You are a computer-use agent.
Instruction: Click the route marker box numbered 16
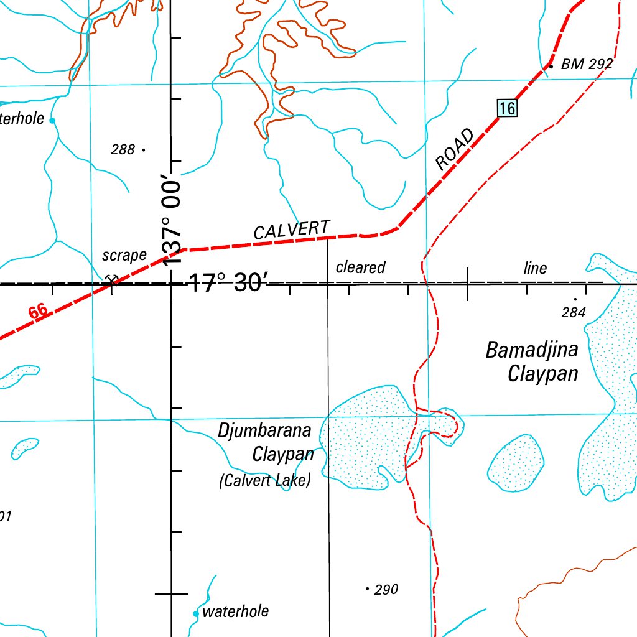(x=507, y=108)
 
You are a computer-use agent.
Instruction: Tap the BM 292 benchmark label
(x=587, y=64)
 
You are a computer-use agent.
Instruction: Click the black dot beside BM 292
(x=551, y=64)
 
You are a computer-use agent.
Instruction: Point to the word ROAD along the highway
(x=455, y=151)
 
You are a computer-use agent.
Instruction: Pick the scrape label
(x=124, y=255)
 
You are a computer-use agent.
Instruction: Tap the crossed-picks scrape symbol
(x=112, y=280)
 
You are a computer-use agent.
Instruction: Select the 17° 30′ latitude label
(x=227, y=284)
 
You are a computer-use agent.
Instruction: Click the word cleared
(x=361, y=267)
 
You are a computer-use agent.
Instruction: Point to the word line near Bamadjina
(x=535, y=268)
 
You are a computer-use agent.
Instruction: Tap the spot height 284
(x=574, y=312)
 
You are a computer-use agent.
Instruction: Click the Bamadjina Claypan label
(x=532, y=362)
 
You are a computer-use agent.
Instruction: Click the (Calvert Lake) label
(x=265, y=480)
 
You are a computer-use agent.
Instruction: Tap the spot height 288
(x=123, y=149)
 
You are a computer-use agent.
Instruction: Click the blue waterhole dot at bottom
(x=196, y=613)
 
